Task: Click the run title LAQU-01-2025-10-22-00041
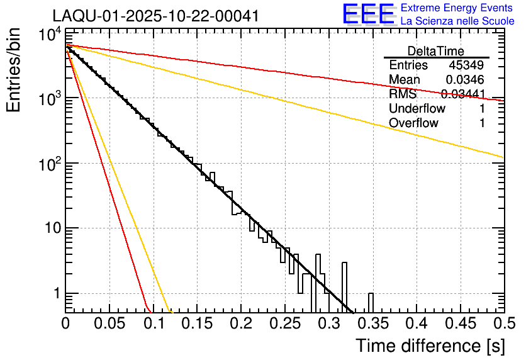pos(155,16)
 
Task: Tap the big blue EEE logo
pos(368,14)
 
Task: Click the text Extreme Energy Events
pos(457,8)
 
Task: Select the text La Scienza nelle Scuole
pos(457,21)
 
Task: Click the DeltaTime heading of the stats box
pos(436,51)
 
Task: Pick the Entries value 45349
pos(466,65)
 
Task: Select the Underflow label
pos(417,109)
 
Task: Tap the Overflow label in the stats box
pos(413,123)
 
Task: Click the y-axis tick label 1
pos(55,294)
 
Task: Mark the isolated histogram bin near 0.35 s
pos(371,302)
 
